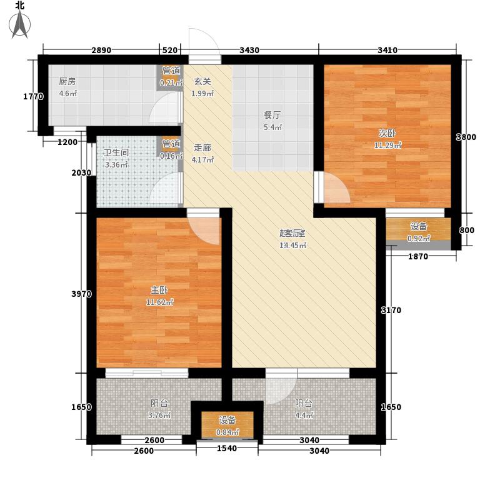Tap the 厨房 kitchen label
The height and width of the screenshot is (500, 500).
[67, 81]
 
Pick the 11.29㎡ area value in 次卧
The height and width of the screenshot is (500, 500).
[388, 146]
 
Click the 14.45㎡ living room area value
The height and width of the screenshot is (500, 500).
[292, 245]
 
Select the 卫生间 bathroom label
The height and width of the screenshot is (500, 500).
[116, 154]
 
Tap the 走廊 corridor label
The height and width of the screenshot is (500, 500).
[202, 148]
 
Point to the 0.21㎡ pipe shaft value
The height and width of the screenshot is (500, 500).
[171, 82]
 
